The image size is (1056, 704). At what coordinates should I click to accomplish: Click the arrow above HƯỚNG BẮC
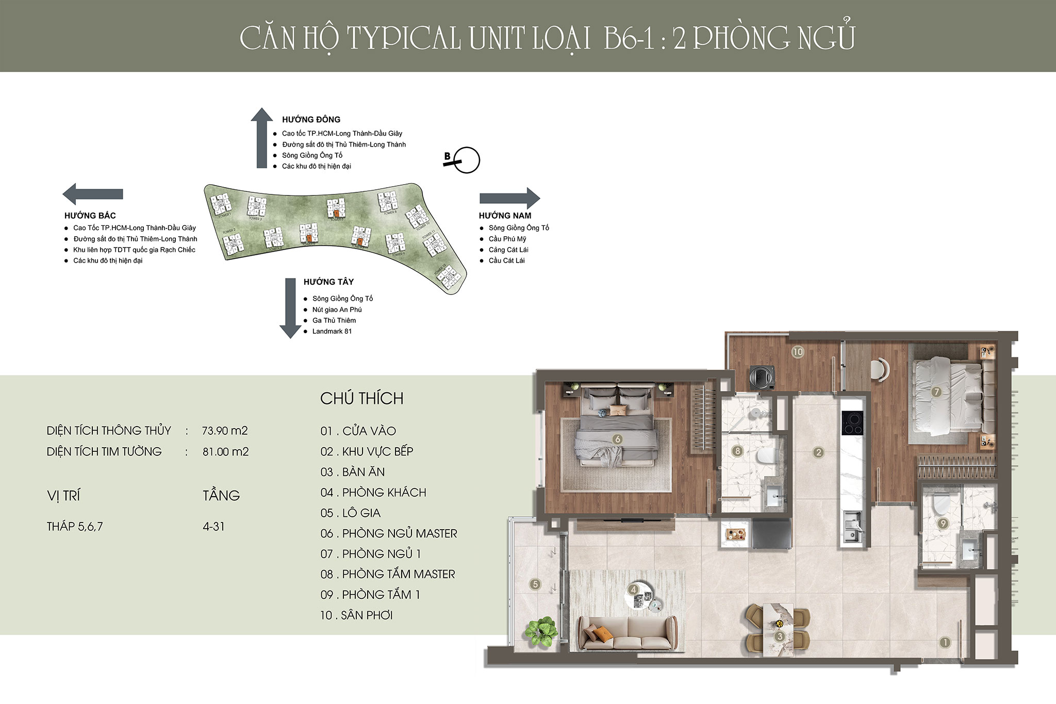click(93, 194)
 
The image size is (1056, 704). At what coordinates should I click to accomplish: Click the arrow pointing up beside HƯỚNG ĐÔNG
click(262, 138)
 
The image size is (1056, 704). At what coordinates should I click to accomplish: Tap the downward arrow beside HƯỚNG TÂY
click(290, 308)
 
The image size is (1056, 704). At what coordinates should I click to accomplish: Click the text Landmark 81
click(332, 331)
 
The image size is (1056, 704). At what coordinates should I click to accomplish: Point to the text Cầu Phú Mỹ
click(507, 239)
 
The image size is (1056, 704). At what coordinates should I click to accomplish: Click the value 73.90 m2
click(225, 431)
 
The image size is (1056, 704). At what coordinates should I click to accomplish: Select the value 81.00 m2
click(225, 452)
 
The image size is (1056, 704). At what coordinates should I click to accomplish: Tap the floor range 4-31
click(213, 527)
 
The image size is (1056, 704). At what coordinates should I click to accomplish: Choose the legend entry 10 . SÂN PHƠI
click(356, 615)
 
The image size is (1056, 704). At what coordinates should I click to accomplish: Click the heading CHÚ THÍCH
click(361, 398)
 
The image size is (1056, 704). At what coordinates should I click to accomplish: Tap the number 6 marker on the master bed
click(617, 439)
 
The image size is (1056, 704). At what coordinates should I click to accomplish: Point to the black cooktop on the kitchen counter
click(851, 423)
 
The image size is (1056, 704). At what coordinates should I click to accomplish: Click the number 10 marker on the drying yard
click(797, 352)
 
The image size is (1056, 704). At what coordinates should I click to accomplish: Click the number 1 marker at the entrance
click(945, 643)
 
